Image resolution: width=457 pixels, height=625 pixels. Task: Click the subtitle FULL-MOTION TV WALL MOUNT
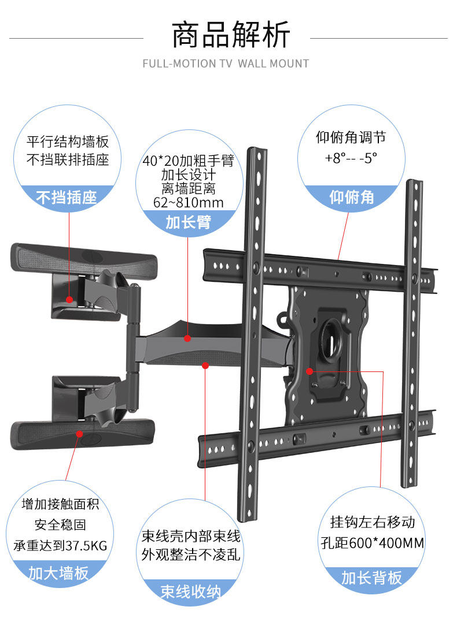(x=226, y=64)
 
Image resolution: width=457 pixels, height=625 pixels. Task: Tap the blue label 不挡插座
(x=67, y=198)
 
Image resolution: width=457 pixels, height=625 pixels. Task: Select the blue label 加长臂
(x=189, y=222)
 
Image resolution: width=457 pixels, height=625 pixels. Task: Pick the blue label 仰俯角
(x=352, y=198)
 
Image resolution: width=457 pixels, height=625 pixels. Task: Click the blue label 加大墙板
(x=58, y=572)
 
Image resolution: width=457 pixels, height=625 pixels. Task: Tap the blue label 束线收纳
(x=190, y=592)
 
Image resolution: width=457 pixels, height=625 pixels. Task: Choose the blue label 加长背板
(x=371, y=578)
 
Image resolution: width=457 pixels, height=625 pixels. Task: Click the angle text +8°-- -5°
(x=351, y=158)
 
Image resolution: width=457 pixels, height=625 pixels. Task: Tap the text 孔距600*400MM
(x=372, y=543)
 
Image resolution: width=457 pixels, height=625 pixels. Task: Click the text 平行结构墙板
(x=68, y=142)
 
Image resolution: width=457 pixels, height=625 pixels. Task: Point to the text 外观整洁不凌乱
(x=191, y=555)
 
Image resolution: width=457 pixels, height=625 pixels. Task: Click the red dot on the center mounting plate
(x=309, y=371)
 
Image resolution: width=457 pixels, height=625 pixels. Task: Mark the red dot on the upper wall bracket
(x=69, y=300)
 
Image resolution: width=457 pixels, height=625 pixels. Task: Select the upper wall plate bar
(x=84, y=258)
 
